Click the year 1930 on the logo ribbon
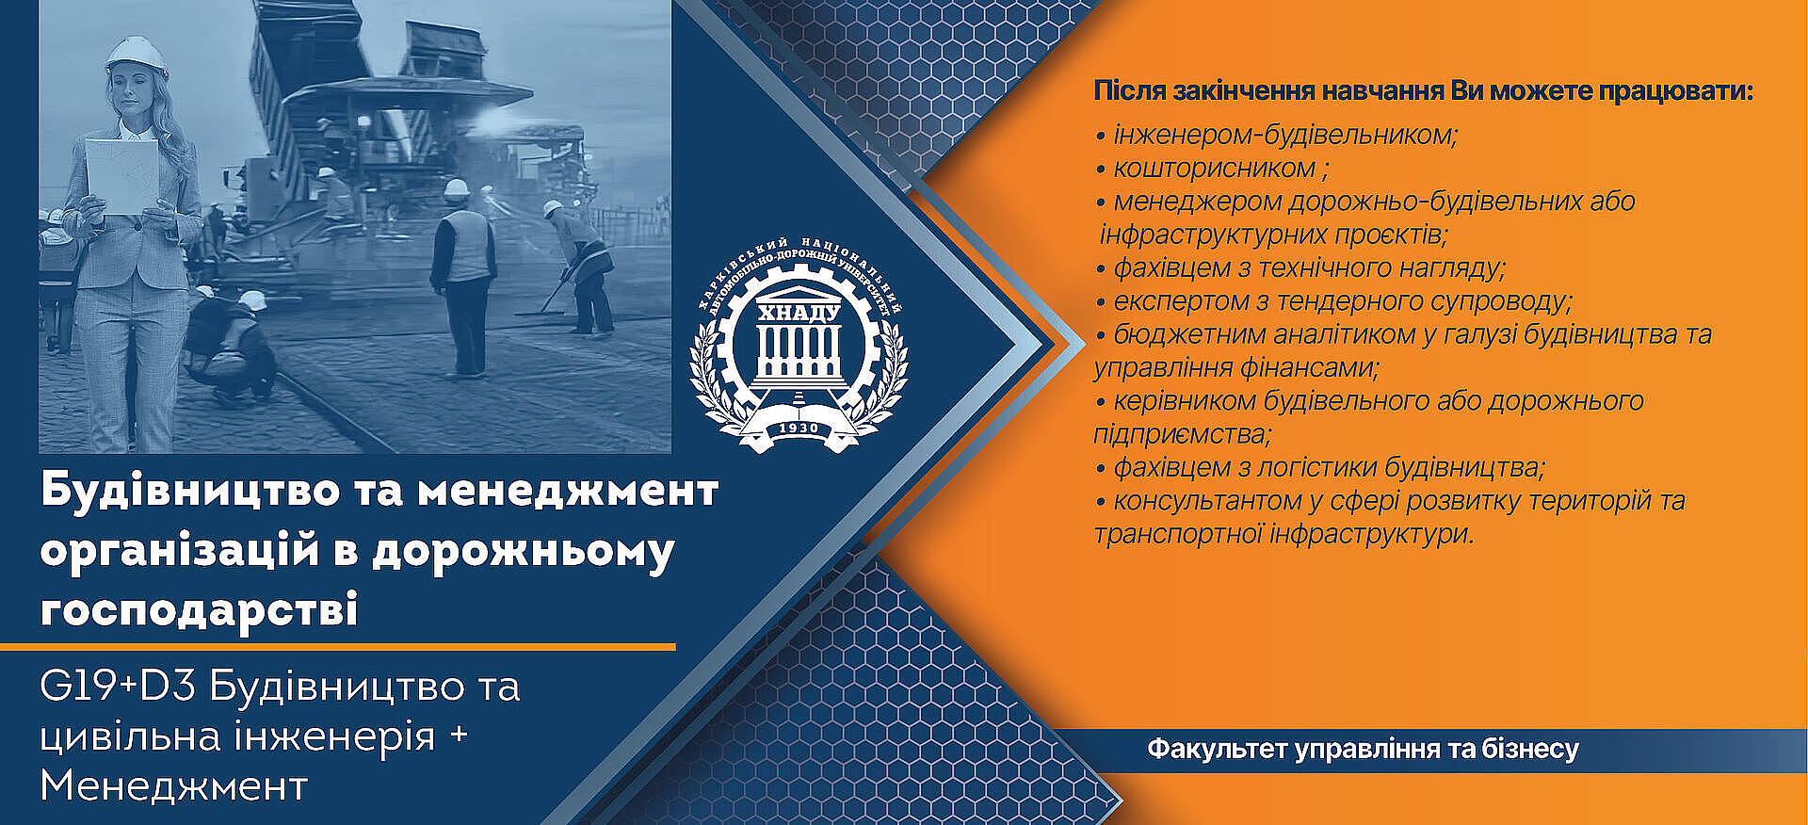[x=799, y=428]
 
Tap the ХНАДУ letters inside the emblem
[x=799, y=312]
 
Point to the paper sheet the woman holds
[x=122, y=176]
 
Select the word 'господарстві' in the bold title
[x=199, y=608]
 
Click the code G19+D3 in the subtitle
[x=118, y=687]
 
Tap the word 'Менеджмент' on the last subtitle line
[x=174, y=785]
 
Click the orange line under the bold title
[x=338, y=647]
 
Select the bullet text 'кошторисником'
[x=1215, y=169]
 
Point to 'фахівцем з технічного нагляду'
[x=1309, y=268]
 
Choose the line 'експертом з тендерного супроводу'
[x=1342, y=301]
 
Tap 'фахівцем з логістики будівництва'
[x=1328, y=467]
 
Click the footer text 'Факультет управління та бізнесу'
[x=1363, y=750]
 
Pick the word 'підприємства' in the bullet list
[x=1182, y=435]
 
